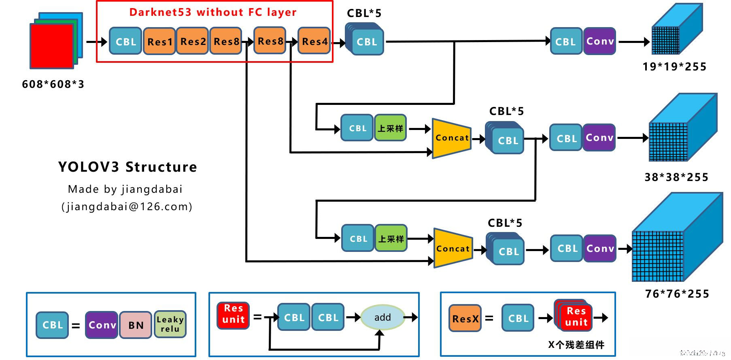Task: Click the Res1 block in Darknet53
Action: (159, 41)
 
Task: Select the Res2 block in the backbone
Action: (193, 41)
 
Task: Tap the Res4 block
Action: (314, 41)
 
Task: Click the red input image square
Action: (52, 46)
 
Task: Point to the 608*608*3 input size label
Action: (53, 84)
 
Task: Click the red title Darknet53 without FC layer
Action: (213, 12)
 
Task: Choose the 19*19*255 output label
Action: (674, 67)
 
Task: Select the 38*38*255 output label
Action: (676, 177)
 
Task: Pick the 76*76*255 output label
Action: (677, 294)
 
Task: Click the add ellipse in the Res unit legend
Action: (382, 317)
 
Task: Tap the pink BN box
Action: (136, 325)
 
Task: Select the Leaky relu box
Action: (170, 324)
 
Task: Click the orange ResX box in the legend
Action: (465, 319)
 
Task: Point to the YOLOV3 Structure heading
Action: (127, 167)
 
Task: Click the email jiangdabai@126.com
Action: (127, 207)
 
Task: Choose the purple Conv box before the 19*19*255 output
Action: (600, 41)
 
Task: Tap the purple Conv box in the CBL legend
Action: (102, 325)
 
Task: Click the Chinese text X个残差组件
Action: (576, 345)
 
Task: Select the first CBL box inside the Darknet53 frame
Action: (125, 41)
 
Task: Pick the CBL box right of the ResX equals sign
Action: (518, 319)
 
